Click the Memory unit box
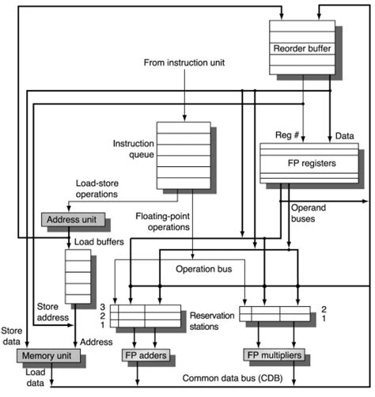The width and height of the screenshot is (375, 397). pyautogui.click(x=48, y=355)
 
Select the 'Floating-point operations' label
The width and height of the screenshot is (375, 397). pyautogui.click(x=163, y=221)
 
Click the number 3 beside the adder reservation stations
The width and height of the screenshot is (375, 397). pyautogui.click(x=102, y=306)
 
